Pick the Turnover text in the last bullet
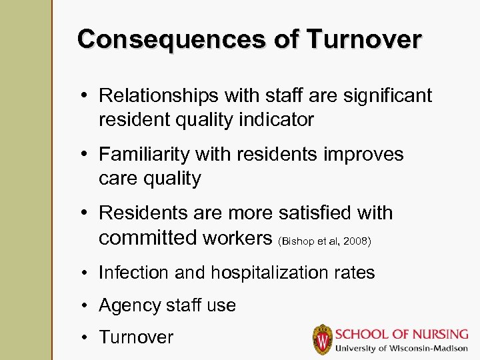[136, 337]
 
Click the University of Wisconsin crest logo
[322, 339]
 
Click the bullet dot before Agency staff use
[86, 305]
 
